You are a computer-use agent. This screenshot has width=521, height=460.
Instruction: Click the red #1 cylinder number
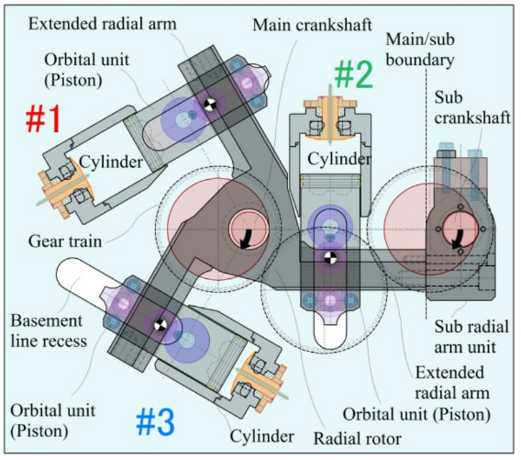pyautogui.click(x=43, y=118)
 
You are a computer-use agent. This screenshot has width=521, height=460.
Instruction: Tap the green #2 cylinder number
pyautogui.click(x=353, y=75)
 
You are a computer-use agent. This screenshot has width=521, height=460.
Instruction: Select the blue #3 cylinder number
pyautogui.click(x=156, y=421)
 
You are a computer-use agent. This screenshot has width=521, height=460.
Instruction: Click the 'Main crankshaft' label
pyautogui.click(x=312, y=25)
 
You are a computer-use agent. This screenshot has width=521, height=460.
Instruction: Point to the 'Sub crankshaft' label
pyautogui.click(x=472, y=107)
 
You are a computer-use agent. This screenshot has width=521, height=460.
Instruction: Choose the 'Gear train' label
pyautogui.click(x=65, y=241)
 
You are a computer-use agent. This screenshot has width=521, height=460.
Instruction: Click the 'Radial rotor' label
pyautogui.click(x=357, y=438)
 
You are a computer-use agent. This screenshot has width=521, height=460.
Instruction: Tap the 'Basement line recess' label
pyautogui.click(x=49, y=331)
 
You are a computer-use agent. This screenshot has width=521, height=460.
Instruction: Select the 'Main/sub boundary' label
pyautogui.click(x=420, y=50)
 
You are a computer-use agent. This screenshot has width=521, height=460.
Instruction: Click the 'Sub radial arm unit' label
pyautogui.click(x=471, y=337)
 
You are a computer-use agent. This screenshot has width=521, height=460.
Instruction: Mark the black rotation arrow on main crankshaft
pyautogui.click(x=247, y=239)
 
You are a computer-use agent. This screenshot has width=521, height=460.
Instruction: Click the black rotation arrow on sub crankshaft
pyautogui.click(x=458, y=239)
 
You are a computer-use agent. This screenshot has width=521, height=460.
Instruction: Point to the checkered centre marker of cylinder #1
pyautogui.click(x=210, y=105)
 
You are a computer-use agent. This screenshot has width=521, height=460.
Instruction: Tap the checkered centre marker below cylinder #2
pyautogui.click(x=330, y=258)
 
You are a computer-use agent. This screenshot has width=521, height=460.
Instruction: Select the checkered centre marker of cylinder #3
pyautogui.click(x=161, y=325)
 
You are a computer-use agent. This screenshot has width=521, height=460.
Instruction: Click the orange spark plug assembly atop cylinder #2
pyautogui.click(x=330, y=118)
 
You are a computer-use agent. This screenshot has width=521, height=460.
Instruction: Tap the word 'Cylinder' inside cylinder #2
pyautogui.click(x=338, y=159)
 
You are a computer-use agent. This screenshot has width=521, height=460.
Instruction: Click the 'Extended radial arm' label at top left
pyautogui.click(x=103, y=24)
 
